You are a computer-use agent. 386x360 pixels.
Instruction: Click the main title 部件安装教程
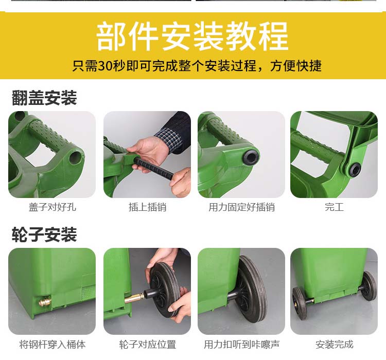[192, 37]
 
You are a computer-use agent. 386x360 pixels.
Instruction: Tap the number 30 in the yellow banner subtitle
[106, 66]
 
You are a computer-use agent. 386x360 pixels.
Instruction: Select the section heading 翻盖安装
[44, 98]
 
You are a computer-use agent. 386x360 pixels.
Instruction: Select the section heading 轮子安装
[44, 235]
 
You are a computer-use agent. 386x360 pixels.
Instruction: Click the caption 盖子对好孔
[52, 207]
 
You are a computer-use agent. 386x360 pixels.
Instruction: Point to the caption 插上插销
[147, 207]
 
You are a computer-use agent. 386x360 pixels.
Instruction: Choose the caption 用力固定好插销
[241, 207]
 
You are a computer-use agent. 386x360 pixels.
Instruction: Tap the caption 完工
[334, 207]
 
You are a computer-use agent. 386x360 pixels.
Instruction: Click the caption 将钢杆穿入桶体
[52, 345]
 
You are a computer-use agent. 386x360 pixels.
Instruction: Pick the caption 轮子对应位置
[147, 345]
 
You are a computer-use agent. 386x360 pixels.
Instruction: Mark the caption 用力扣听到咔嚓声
[241, 345]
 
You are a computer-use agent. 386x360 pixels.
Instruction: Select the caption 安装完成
[334, 345]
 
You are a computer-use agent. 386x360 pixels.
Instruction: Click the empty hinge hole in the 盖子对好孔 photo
[75, 157]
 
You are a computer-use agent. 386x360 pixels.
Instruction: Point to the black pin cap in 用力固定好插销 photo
[251, 156]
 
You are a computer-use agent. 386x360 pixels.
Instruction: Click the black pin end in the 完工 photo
[355, 170]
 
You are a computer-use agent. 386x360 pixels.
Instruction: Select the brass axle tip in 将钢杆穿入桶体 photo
[44, 302]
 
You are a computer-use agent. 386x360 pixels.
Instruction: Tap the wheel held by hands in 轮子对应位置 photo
[165, 289]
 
